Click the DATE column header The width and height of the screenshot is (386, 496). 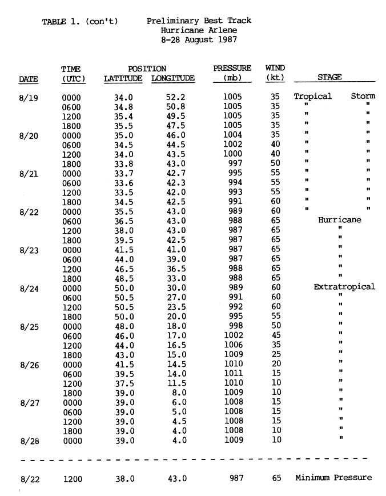(27, 78)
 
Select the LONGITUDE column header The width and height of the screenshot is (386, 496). (173, 78)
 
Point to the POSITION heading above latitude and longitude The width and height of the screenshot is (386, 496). (147, 69)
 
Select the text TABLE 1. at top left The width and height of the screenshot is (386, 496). (62, 21)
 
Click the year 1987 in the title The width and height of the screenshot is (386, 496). (223, 40)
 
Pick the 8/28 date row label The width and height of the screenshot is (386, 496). (29, 441)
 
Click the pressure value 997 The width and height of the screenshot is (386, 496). (232, 163)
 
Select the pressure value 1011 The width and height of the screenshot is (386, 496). (232, 374)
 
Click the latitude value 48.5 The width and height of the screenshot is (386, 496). (123, 278)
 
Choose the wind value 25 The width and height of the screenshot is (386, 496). (275, 355)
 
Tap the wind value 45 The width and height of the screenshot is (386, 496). (275, 336)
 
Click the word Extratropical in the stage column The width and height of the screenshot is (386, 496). (344, 287)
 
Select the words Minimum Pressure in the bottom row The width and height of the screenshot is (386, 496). (333, 478)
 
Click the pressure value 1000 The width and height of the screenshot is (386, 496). (232, 154)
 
